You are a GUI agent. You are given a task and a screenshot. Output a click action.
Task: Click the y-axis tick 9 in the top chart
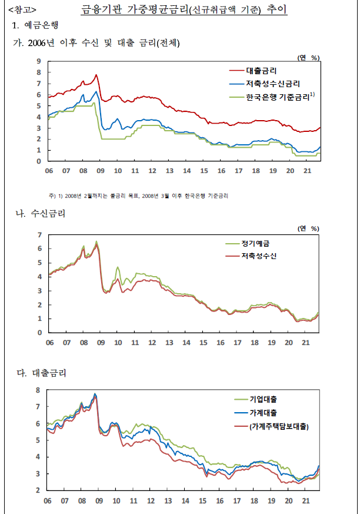39,61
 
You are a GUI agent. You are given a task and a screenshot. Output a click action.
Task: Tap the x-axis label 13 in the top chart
169,171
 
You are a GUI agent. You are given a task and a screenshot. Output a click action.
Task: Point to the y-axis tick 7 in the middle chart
39,235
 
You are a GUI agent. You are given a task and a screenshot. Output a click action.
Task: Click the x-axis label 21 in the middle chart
305,343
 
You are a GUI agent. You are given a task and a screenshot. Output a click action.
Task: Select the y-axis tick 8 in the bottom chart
38,390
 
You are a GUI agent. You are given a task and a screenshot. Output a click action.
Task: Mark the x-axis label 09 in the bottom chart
99,501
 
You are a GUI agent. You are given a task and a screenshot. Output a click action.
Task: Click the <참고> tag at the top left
22,10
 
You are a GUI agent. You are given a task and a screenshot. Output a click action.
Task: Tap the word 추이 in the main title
277,9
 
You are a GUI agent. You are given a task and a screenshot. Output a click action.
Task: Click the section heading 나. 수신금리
41,214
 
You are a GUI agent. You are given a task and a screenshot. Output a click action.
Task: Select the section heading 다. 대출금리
42,373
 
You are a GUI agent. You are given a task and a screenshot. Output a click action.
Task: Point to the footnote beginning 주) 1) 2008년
138,196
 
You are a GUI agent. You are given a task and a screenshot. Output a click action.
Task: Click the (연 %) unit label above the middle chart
308,228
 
